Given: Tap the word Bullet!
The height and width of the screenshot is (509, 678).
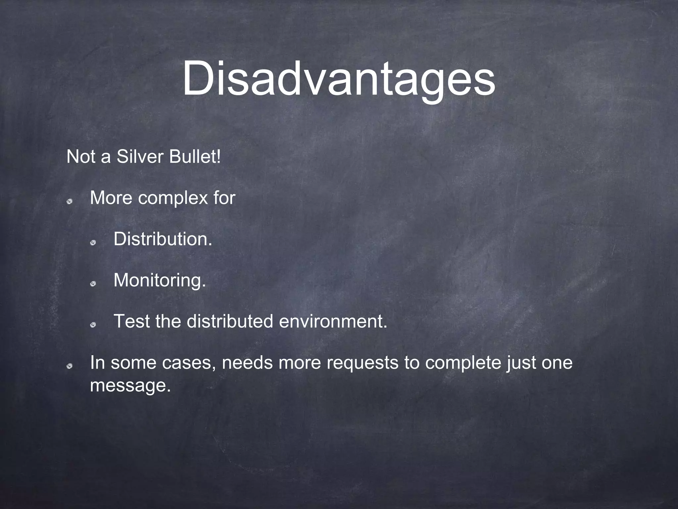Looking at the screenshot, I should click(195, 157).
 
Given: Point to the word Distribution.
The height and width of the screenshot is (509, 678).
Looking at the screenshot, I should click(163, 239).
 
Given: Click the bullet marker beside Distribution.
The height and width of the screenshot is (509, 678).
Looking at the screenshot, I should click(93, 243).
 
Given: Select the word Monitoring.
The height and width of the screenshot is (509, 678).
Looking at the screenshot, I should click(160, 280).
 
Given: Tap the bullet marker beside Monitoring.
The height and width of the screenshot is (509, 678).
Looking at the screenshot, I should click(93, 284).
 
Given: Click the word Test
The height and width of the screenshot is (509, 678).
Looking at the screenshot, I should click(131, 321).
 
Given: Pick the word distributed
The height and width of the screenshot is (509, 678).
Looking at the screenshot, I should click(230, 321).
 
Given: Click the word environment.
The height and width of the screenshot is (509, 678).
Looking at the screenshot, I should click(333, 321).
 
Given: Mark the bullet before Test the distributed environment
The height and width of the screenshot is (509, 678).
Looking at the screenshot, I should click(93, 325).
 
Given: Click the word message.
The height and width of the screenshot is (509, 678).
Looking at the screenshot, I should click(130, 385).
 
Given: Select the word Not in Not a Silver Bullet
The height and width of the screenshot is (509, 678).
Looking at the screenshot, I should click(81, 157).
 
